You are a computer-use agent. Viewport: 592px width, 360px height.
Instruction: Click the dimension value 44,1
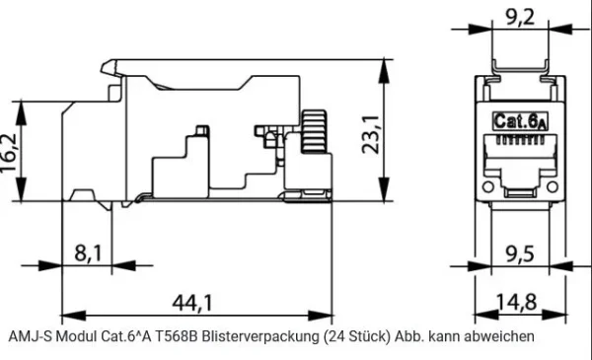pyautogui.click(x=193, y=302)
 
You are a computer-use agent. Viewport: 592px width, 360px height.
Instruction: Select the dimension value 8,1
pyautogui.click(x=87, y=253)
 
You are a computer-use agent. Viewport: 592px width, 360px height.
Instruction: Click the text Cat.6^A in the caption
pyautogui.click(x=125, y=336)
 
